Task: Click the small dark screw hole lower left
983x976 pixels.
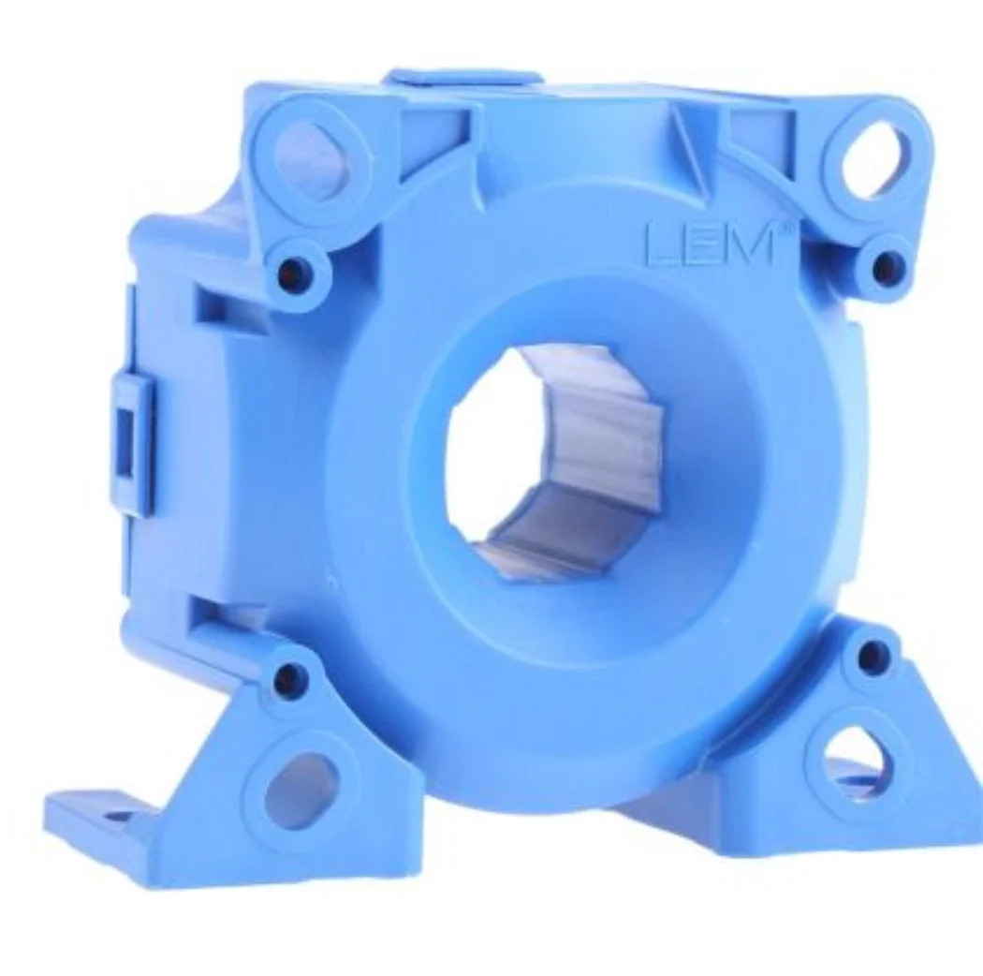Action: tap(289, 675)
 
